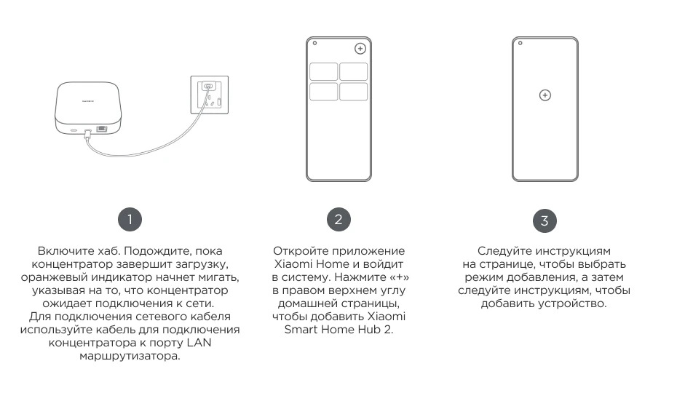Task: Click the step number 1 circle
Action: click(130, 219)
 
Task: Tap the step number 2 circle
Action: click(338, 219)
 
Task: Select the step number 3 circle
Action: click(545, 221)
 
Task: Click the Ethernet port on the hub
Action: click(102, 129)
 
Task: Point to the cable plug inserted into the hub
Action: click(87, 133)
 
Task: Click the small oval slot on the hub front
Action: click(74, 130)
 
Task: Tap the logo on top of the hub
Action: click(88, 100)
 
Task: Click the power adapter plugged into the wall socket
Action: click(208, 87)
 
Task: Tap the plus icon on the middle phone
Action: click(360, 48)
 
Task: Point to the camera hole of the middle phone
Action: click(314, 43)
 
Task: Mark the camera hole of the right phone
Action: click(520, 43)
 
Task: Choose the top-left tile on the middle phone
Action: click(324, 71)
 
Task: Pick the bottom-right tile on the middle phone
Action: click(353, 92)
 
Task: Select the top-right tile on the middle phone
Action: click(353, 71)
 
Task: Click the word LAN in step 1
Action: click(199, 343)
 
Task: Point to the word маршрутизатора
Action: click(130, 357)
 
